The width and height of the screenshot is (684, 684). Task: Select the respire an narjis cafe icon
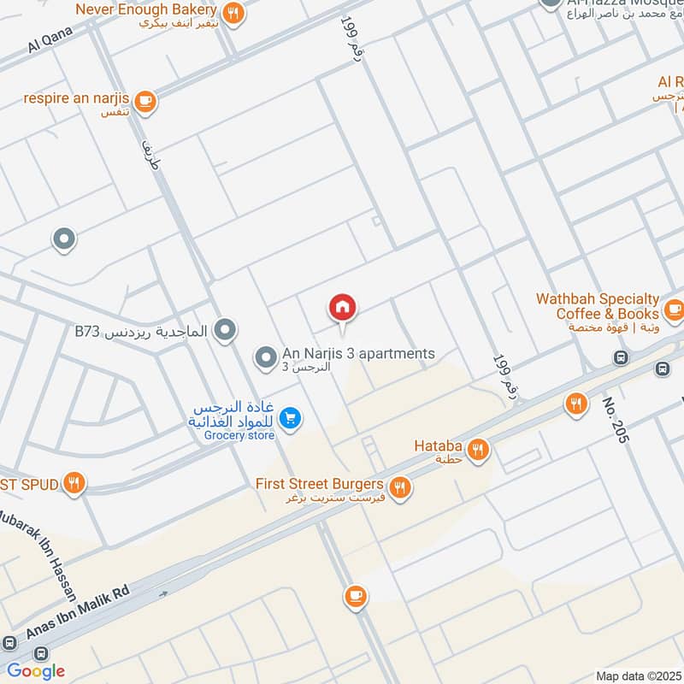coord(145,101)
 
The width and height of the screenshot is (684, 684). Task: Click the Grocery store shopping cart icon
coord(291,417)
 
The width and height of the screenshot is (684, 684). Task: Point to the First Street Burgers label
coord(319,484)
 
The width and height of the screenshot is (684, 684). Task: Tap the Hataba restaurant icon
coord(477,447)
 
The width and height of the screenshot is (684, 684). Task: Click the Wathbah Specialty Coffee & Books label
coord(598,306)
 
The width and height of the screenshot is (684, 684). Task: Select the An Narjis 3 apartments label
coord(358,354)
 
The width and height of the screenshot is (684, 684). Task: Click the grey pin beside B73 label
coord(225,329)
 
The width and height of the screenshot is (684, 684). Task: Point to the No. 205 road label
coord(615,420)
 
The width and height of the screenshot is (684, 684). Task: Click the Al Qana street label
coord(47,39)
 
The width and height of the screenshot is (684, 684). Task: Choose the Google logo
coord(36,670)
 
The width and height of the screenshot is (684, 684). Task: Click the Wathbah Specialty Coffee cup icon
coord(673,307)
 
